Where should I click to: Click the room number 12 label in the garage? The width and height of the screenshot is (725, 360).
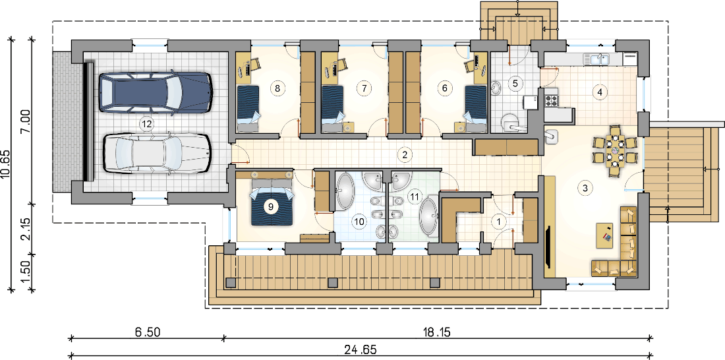click(x=146, y=123)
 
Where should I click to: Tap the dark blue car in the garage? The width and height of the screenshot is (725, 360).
click(x=156, y=92)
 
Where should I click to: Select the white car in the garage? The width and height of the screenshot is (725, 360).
click(x=156, y=153)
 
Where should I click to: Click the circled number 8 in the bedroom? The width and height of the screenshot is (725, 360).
click(x=277, y=87)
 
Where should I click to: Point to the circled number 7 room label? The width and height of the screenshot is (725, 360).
click(x=364, y=87)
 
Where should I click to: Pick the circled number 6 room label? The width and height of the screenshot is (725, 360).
click(x=445, y=87)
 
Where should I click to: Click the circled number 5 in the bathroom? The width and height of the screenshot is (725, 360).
click(x=515, y=83)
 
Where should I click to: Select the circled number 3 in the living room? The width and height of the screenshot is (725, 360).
click(x=585, y=189)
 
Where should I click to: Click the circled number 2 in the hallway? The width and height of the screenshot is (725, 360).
click(x=405, y=154)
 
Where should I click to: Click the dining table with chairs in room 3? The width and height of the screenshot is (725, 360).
click(x=614, y=151)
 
